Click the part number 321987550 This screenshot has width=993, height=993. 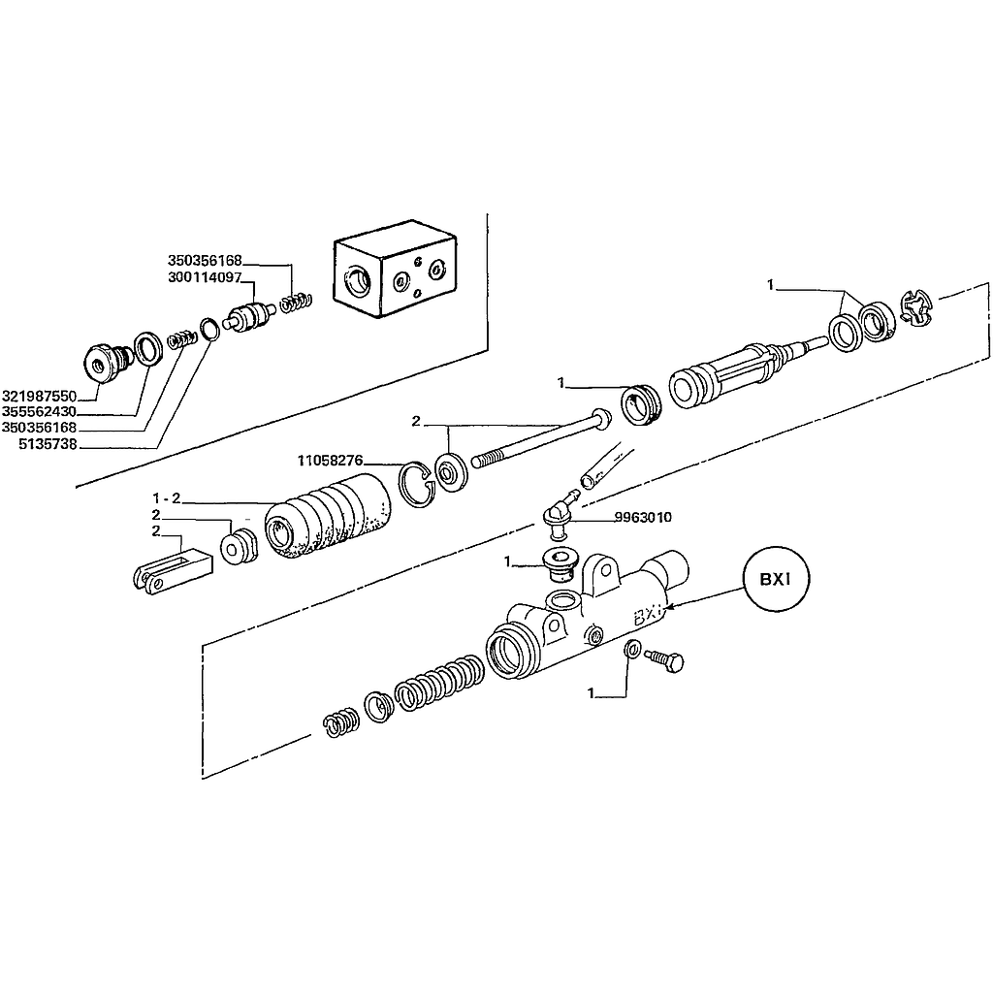(x=39, y=397)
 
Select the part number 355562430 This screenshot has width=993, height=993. (x=39, y=411)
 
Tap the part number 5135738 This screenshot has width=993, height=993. (x=48, y=444)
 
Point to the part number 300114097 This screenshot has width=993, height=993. (x=205, y=277)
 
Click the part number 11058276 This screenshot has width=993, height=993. (x=330, y=461)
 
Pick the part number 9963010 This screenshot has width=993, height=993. (x=643, y=518)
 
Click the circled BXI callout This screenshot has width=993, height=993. (x=777, y=580)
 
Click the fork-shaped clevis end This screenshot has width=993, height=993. (x=173, y=572)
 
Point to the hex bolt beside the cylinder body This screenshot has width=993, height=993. (x=664, y=659)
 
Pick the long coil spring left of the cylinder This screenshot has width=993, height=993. (x=438, y=680)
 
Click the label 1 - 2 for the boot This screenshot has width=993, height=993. (x=167, y=498)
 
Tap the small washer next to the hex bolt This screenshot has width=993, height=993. (x=632, y=649)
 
